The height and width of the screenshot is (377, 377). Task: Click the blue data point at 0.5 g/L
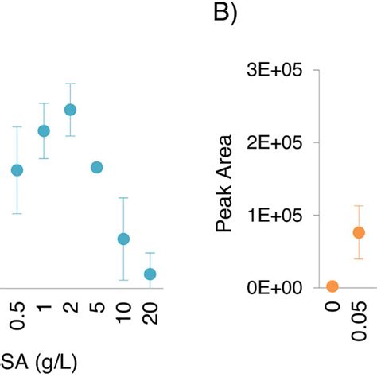click(17, 170)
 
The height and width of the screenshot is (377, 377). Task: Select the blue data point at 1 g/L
click(44, 131)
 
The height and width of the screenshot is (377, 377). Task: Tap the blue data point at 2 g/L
click(70, 110)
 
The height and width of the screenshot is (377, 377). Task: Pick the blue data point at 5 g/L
click(96, 167)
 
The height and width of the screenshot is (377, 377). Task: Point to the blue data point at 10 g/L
click(123, 239)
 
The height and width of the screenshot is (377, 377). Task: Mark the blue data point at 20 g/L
click(150, 274)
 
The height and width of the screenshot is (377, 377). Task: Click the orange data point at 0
click(332, 286)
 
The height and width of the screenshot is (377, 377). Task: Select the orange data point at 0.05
click(359, 232)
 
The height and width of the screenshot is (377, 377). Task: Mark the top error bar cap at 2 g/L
click(70, 84)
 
